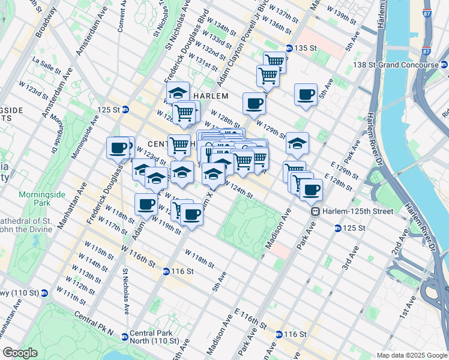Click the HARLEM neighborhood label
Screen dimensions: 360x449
pyautogui.click(x=210, y=96)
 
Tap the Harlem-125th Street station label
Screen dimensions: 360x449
pyautogui.click(x=358, y=211)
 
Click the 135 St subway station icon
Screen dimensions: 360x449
pyautogui.click(x=289, y=48)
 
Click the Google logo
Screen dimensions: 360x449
pyautogui.click(x=20, y=353)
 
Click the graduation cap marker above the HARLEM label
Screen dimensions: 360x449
pyautogui.click(x=178, y=92)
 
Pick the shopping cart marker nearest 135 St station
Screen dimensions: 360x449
pyautogui.click(x=274, y=61)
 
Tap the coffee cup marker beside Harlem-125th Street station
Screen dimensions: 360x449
pyautogui.click(x=311, y=190)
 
